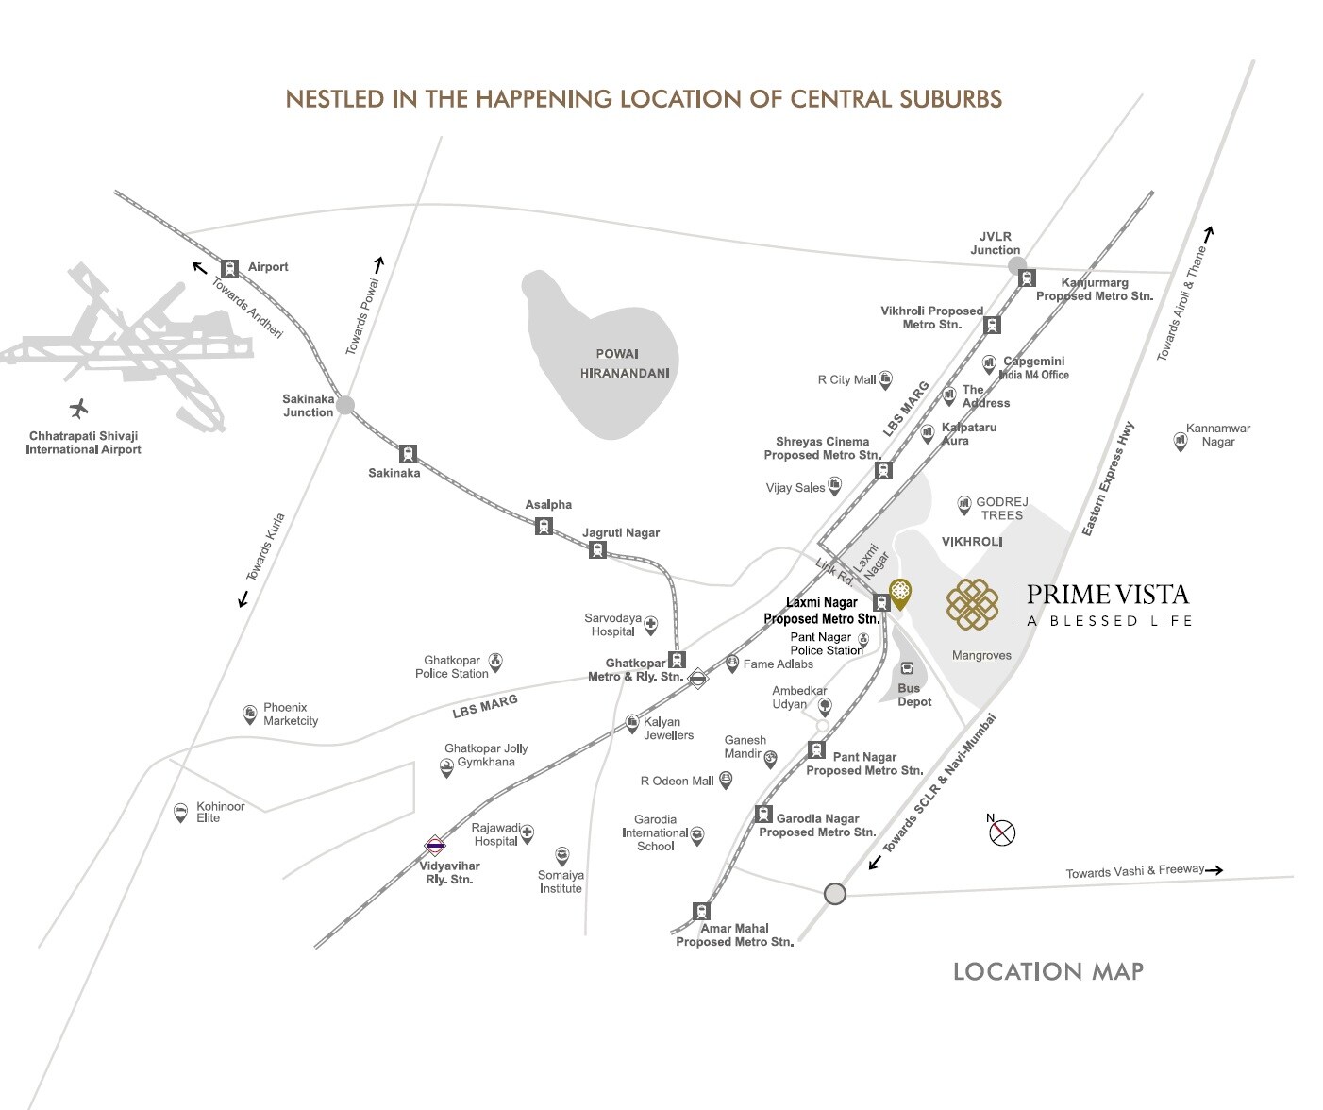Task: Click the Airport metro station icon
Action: click(x=230, y=268)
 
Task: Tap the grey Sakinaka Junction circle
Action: click(x=345, y=405)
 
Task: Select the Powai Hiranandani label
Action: click(x=625, y=363)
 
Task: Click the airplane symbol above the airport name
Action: click(x=79, y=410)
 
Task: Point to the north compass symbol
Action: click(x=1002, y=832)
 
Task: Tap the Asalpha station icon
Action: click(x=544, y=526)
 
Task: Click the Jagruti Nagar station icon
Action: click(x=597, y=549)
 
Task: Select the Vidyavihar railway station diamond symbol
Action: click(x=435, y=846)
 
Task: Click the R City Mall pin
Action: click(x=885, y=379)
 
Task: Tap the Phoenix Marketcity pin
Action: click(x=250, y=714)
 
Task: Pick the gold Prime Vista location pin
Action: click(x=900, y=593)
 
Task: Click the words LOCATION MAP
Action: click(x=1047, y=971)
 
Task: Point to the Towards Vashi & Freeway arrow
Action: click(x=1214, y=870)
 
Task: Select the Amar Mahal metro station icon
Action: click(x=701, y=911)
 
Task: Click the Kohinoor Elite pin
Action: click(x=180, y=812)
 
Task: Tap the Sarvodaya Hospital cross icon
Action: click(x=650, y=625)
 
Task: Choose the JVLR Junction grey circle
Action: click(x=1016, y=266)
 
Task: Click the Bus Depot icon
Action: click(x=907, y=668)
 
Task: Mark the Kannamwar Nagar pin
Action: click(x=1179, y=440)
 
